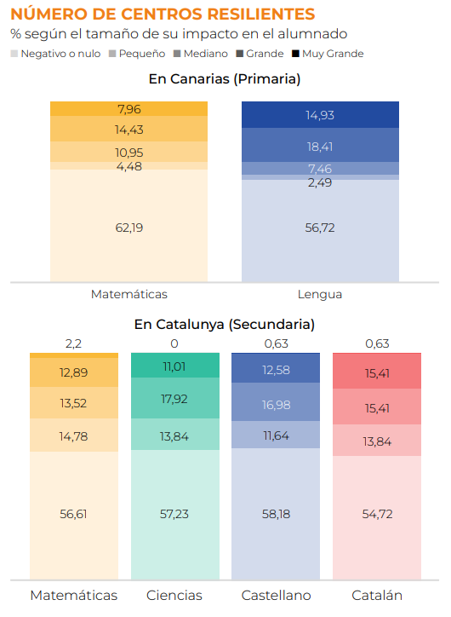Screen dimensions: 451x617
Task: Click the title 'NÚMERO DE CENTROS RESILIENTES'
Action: (x=163, y=14)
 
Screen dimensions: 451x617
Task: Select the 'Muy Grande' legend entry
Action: (x=328, y=54)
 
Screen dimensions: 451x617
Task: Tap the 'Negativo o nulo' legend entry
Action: (x=55, y=54)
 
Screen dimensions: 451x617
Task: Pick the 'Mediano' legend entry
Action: (x=200, y=54)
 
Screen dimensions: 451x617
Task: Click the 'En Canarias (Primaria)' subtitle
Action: (x=225, y=79)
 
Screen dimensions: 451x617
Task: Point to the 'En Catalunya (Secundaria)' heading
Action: (x=225, y=325)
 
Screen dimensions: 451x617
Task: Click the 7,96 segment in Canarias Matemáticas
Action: (x=128, y=109)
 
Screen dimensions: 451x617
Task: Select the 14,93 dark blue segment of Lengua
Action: (x=320, y=115)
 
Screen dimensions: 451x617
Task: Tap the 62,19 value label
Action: (x=129, y=228)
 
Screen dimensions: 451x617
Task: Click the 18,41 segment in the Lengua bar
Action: (x=320, y=145)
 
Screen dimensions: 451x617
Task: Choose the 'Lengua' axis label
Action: (x=320, y=294)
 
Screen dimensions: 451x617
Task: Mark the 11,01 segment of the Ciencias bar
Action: (x=175, y=366)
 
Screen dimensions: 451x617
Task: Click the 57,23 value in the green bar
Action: (x=174, y=514)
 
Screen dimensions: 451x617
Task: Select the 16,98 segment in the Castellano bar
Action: (x=276, y=402)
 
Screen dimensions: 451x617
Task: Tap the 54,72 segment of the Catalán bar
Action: (x=377, y=518)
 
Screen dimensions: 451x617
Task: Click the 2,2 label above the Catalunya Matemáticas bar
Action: (x=73, y=344)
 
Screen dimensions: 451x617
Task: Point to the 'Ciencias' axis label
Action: (x=174, y=596)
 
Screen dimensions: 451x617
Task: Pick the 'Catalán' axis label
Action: (x=377, y=596)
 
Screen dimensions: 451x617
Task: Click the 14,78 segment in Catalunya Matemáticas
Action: (x=74, y=435)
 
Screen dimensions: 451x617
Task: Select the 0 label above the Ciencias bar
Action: (x=174, y=344)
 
